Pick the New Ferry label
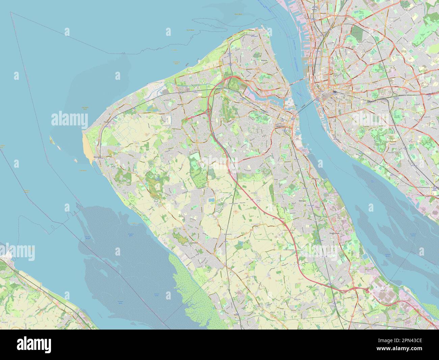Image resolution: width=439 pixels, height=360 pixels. tap(315, 179)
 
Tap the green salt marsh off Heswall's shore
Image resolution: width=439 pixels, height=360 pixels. tap(189, 287)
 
